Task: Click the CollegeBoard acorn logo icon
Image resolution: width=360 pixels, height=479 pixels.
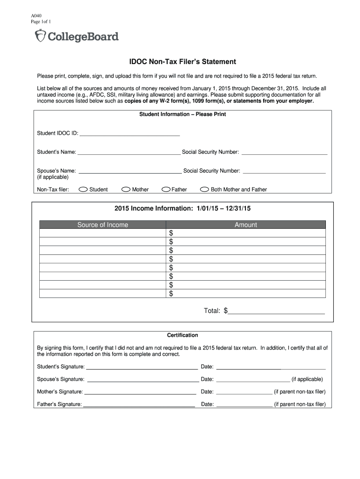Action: (x=41, y=36)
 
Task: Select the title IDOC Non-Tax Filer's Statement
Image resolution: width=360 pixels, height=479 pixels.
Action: (x=182, y=62)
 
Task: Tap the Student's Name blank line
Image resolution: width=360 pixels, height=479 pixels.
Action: (x=129, y=152)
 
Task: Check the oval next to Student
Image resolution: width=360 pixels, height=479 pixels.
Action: (x=83, y=189)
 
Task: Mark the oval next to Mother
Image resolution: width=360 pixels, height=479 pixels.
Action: (x=126, y=189)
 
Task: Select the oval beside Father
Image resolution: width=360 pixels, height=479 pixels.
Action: (x=166, y=189)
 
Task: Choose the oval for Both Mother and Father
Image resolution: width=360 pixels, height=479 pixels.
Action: (x=204, y=189)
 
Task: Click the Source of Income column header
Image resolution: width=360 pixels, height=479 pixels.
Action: (x=102, y=225)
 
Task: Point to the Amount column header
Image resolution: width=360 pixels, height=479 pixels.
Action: (x=246, y=225)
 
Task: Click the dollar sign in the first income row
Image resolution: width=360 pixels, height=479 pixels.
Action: (x=171, y=233)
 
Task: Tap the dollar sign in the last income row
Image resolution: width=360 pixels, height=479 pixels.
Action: (x=171, y=294)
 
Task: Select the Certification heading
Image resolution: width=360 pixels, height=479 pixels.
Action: (x=182, y=335)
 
